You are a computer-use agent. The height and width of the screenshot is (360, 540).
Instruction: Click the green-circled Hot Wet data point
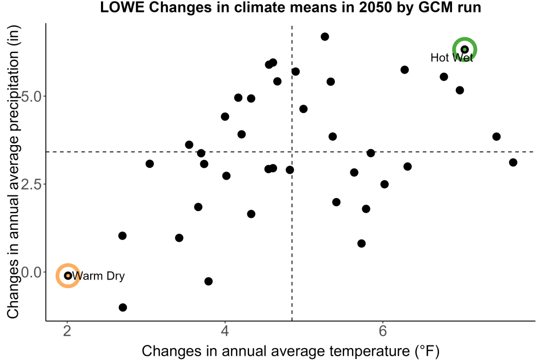pyautogui.click(x=464, y=50)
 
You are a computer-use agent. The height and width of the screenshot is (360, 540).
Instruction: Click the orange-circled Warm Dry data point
pyautogui.click(x=68, y=276)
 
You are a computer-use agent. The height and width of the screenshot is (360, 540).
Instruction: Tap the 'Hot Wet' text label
pyautogui.click(x=451, y=57)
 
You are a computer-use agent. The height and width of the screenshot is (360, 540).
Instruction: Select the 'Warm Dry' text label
pyautogui.click(x=98, y=276)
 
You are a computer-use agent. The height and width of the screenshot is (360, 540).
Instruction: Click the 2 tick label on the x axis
pyautogui.click(x=67, y=331)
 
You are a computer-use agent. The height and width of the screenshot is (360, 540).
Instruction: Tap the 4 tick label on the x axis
pyautogui.click(x=225, y=331)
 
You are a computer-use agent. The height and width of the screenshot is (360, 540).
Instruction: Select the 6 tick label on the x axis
pyautogui.click(x=383, y=331)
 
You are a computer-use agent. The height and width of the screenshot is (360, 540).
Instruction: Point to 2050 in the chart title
pyautogui.click(x=375, y=8)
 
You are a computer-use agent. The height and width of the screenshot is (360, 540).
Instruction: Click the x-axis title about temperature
pyautogui.click(x=291, y=351)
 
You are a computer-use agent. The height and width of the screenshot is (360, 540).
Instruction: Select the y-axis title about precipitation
pyautogui.click(x=14, y=172)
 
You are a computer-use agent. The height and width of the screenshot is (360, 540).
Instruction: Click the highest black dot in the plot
pyautogui.click(x=325, y=37)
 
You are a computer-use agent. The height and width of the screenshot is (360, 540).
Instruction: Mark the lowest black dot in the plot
pyautogui.click(x=123, y=307)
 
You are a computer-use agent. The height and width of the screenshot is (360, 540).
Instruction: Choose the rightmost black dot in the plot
pyautogui.click(x=513, y=162)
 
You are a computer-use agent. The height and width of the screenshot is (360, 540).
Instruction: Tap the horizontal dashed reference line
pyautogui.click(x=291, y=152)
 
